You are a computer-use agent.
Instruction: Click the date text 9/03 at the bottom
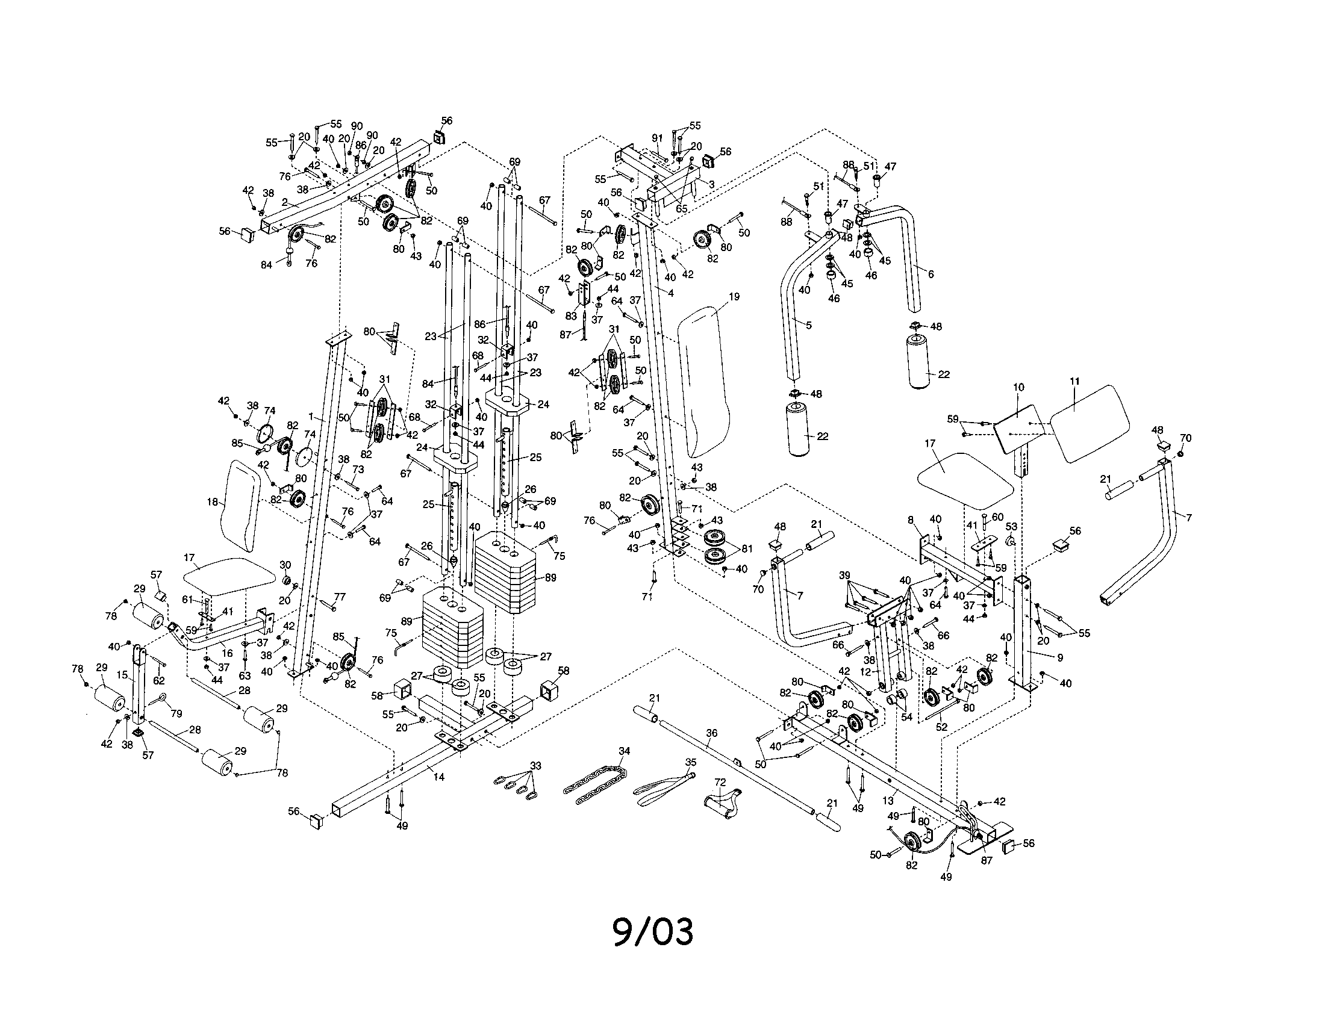(x=652, y=932)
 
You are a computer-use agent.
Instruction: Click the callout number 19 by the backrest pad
(x=734, y=296)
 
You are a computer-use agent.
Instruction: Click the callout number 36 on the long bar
(x=712, y=733)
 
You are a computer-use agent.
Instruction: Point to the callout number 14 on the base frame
(x=438, y=777)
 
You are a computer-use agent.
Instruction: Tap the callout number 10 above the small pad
(x=1018, y=388)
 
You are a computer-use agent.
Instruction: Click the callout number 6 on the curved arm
(x=931, y=274)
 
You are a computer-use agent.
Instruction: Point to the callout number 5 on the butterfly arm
(x=808, y=325)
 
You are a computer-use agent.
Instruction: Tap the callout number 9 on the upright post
(x=1059, y=657)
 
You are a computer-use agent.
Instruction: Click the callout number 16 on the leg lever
(x=227, y=653)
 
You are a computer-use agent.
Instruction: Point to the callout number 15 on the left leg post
(x=122, y=674)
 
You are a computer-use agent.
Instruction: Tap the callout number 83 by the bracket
(x=570, y=316)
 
